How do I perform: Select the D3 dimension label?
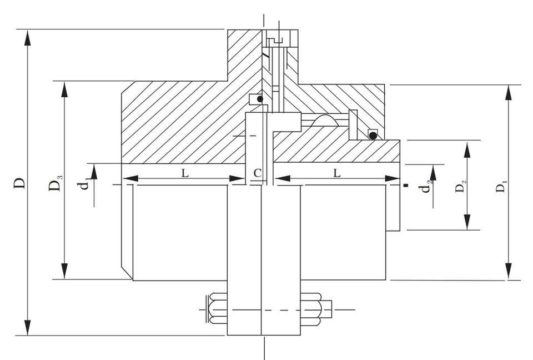[x=56, y=183]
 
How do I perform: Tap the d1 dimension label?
[x=84, y=183]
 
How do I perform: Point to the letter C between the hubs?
[x=257, y=173]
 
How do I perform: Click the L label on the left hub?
[x=185, y=173]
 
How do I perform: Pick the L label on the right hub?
[x=337, y=173]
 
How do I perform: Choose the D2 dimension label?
[x=460, y=187]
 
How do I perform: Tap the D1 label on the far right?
[x=501, y=187]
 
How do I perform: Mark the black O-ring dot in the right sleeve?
[x=373, y=134]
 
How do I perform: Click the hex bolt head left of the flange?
[x=215, y=309]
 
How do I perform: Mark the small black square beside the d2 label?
[x=408, y=185]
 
